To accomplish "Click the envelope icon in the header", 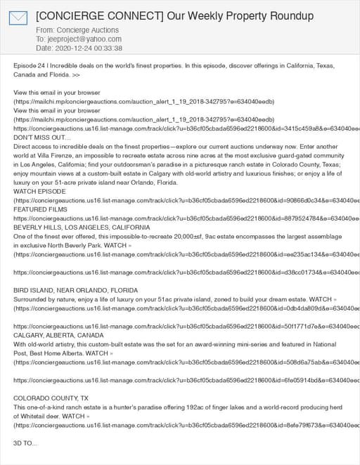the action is click(18, 18).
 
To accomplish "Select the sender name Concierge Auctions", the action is click(89, 30).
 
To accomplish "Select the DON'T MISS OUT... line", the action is click(37, 138).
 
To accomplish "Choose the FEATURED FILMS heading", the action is click(41, 209).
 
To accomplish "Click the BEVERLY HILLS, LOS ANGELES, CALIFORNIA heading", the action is click(82, 228).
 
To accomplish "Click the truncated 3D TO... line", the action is click(26, 444).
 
